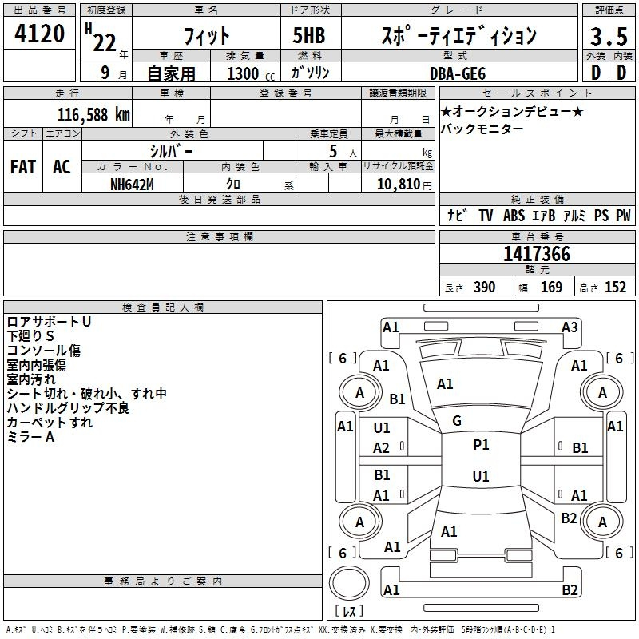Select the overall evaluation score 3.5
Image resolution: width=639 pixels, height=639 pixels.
click(608, 36)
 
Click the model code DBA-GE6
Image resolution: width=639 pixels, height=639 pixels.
click(467, 73)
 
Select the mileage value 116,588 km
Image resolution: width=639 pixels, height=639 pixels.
click(93, 114)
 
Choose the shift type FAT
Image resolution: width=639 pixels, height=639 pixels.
click(23, 167)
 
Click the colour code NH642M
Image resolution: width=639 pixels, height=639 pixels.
click(132, 184)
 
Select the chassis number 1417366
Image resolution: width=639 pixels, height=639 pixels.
click(536, 255)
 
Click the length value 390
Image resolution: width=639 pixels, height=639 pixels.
click(485, 288)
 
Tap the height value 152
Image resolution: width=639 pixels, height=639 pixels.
click(616, 288)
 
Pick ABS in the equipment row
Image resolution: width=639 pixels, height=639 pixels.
click(514, 216)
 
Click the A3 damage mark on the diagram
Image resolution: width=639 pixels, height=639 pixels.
click(570, 327)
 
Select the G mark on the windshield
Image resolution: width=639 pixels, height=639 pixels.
click(456, 421)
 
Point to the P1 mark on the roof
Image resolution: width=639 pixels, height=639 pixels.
click(481, 445)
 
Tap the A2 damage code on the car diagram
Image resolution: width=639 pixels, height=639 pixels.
click(382, 448)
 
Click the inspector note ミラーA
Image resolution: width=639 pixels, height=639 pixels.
click(30, 437)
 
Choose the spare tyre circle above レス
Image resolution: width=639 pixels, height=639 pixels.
click(348, 583)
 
